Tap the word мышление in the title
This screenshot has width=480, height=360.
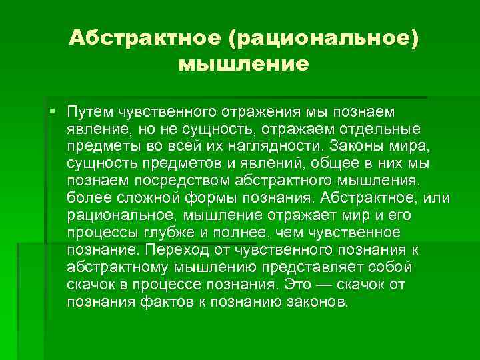click(244, 65)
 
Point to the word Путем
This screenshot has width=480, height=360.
click(89, 110)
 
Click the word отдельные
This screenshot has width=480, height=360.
click(385, 127)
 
